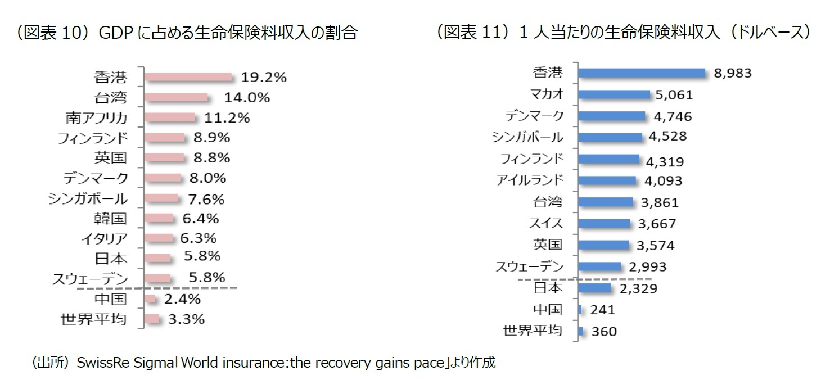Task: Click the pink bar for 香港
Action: [188, 76]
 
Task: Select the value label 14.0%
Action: [247, 97]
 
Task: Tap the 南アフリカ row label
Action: [96, 117]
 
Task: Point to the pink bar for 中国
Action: [150, 298]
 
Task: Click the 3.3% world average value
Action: [186, 319]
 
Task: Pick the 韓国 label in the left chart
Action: [110, 218]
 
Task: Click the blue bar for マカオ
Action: [614, 94]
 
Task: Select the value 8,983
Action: [732, 74]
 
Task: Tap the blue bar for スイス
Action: [605, 223]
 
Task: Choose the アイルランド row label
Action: [529, 180]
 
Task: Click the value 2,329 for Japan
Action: [638, 288]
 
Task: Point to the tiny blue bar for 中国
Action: [580, 309]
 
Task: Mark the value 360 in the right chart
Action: [604, 332]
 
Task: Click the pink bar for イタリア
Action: [159, 238]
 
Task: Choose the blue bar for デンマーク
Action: [612, 116]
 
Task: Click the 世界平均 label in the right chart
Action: [532, 330]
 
